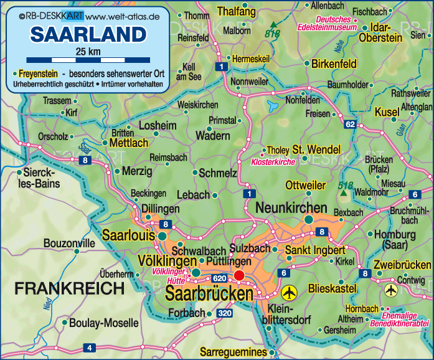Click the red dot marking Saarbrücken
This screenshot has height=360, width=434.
[238, 277]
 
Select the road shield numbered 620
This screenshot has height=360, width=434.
[219, 278]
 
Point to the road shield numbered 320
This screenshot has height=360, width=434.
[225, 313]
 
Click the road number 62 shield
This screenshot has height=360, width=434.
[350, 125]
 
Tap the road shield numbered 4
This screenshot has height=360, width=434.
[90, 348]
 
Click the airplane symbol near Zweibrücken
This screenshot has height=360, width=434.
[391, 290]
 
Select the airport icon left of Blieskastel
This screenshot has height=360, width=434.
[289, 291]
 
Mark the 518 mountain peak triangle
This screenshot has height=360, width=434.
[343, 194]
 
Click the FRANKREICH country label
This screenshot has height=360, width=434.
[70, 288]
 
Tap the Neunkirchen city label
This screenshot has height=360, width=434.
[291, 207]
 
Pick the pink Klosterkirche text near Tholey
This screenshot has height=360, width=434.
[272, 162]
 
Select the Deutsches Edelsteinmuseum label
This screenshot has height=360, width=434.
[337, 23]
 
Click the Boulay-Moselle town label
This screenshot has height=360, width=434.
[104, 323]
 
